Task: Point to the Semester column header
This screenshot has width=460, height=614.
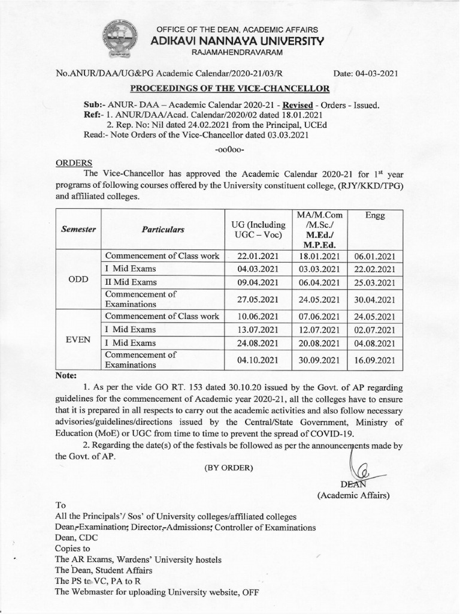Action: pos(79,230)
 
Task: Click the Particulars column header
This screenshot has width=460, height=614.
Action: pos(163,230)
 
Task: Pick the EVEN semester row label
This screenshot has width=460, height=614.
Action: pos(79,339)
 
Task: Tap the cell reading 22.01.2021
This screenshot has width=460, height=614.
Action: pos(259,255)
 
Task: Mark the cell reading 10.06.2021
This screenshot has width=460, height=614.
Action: pos(259,317)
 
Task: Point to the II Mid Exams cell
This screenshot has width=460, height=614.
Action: pos(131,282)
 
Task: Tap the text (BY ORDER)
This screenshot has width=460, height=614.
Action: pos(229,468)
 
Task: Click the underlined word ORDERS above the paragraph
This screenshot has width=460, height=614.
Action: pos(74,162)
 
